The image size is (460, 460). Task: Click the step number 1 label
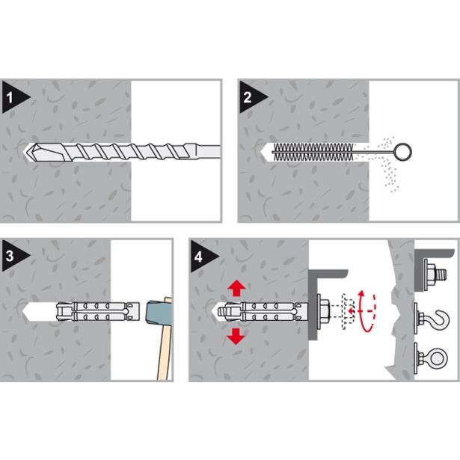click(10, 98)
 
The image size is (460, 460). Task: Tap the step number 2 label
click(248, 98)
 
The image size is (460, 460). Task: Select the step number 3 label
click(10, 256)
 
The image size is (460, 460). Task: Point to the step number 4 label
click(198, 257)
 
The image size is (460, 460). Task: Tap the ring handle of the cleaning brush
click(403, 152)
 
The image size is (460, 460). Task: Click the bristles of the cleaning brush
click(313, 152)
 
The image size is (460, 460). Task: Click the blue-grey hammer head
click(159, 312)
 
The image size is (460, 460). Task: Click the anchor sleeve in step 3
click(97, 312)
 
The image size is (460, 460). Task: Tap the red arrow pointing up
click(236, 289)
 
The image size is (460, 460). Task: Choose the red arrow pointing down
click(236, 336)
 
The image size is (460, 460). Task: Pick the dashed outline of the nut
click(348, 311)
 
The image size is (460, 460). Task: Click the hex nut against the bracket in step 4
click(325, 311)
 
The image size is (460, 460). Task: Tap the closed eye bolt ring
click(439, 358)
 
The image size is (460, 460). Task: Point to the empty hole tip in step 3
click(26, 312)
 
